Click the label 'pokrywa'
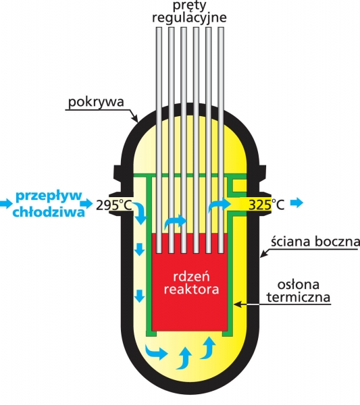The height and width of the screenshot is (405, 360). pos(96,103)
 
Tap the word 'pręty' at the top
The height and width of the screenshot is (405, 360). pos(189,6)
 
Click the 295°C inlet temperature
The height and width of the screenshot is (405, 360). pos(114,205)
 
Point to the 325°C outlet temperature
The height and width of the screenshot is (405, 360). pos(266,205)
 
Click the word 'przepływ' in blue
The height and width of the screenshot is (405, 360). pos(49,196)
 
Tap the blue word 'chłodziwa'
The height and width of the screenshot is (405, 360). pos(49,212)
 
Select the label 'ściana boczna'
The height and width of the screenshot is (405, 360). pos(315,242)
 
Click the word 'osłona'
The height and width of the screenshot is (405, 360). pos(299,285)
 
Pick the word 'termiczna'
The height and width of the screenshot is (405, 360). pos(299,297)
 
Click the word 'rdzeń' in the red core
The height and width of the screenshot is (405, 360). pos(191,277)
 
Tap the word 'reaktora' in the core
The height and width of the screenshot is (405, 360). pos(191,289)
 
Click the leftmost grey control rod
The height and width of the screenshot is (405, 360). pos(159,140)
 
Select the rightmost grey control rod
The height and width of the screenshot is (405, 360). pos(221,140)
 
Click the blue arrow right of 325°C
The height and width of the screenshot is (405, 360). pos(296,202)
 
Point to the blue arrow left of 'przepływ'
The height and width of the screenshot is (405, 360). pos(6,204)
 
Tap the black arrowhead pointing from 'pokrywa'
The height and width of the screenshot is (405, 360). pos(135,119)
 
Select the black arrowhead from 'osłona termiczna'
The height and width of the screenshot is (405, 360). pos(238,304)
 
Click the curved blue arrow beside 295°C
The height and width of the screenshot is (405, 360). pos(140,213)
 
